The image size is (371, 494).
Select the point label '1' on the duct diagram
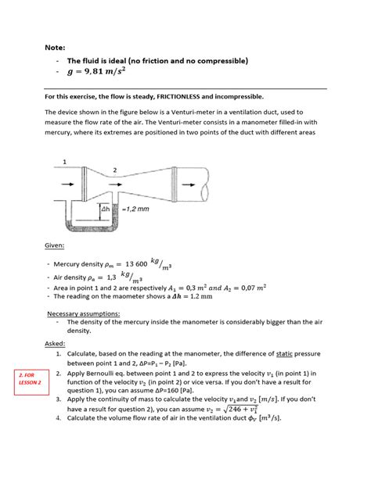pyautogui.click(x=64, y=162)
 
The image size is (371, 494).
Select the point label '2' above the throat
pyautogui.click(x=115, y=170)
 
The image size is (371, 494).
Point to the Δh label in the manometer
pyautogui.click(x=106, y=210)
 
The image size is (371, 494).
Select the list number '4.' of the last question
pyautogui.click(x=81, y=418)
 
